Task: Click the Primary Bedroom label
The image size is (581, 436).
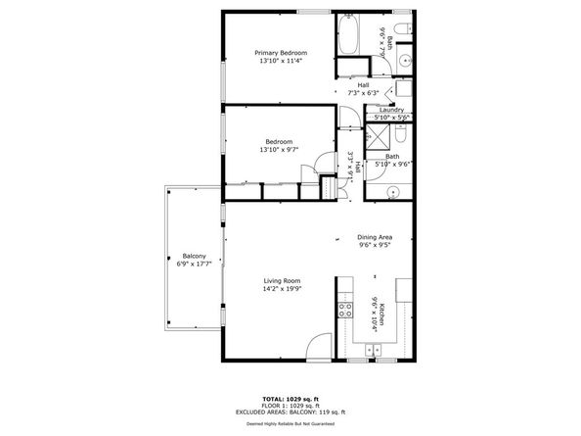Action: [x=281, y=52]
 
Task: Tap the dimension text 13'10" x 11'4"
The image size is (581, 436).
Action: [x=281, y=62]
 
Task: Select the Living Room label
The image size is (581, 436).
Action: [x=280, y=281]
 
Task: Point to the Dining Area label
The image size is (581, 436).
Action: [x=376, y=238]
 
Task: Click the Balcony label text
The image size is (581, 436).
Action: [x=193, y=257]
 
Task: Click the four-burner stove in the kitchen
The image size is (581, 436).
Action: [x=344, y=311]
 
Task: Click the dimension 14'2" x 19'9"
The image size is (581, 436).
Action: [x=280, y=290]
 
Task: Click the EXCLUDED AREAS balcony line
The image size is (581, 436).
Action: [x=290, y=414]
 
